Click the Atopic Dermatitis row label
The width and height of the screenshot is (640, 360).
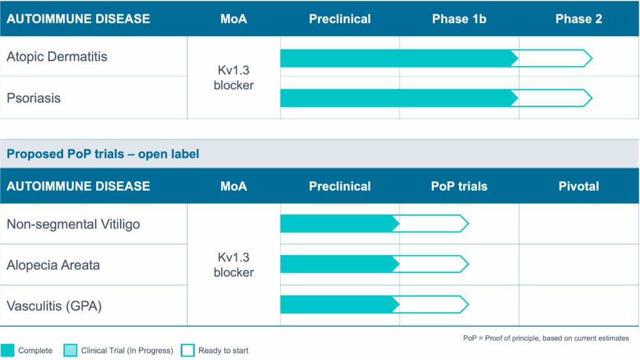click(x=57, y=57)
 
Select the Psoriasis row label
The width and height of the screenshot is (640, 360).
click(x=34, y=98)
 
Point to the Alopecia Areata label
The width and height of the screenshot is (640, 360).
click(x=53, y=265)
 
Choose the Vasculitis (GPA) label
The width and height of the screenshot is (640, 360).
click(x=54, y=306)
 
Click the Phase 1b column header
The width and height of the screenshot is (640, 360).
click(x=459, y=19)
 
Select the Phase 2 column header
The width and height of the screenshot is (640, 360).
click(x=579, y=19)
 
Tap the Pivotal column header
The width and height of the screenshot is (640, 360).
click(x=579, y=186)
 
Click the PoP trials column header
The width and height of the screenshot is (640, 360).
click(x=459, y=186)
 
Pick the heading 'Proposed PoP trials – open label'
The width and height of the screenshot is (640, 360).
click(x=102, y=154)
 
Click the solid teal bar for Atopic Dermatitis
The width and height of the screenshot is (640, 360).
click(x=397, y=58)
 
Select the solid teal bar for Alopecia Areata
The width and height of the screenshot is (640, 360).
click(x=337, y=264)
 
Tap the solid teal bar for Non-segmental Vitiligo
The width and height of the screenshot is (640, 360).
click(x=337, y=224)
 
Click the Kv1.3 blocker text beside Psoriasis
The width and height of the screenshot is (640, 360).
click(x=234, y=86)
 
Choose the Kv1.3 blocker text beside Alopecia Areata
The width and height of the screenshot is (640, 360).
click(x=234, y=265)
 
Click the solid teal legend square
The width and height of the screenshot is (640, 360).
click(x=7, y=351)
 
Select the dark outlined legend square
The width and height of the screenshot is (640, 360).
click(x=187, y=351)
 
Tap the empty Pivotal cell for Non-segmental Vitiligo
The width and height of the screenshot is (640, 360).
click(x=579, y=224)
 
